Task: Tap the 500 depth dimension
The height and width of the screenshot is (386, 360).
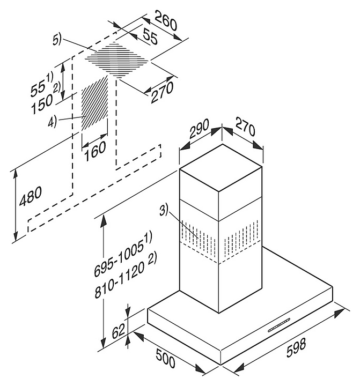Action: click(165, 359)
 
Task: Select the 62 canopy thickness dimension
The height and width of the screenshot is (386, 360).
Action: click(118, 331)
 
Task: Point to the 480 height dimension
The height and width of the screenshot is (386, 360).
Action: click(30, 196)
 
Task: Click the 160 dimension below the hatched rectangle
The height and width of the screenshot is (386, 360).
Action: click(95, 151)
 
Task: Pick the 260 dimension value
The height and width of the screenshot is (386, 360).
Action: click(166, 21)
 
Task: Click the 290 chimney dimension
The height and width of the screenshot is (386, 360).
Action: click(199, 128)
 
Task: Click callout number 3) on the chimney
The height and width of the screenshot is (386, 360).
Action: click(163, 210)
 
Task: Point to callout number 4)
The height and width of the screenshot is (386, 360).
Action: click(52, 122)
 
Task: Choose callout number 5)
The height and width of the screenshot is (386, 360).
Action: click(57, 40)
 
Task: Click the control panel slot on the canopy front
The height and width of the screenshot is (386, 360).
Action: click(279, 325)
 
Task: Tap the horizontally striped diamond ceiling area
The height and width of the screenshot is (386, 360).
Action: click(117, 60)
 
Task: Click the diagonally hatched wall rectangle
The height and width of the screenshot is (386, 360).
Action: click(94, 103)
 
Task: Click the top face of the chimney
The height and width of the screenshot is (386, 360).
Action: click(221, 167)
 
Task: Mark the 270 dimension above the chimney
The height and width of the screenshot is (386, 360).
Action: click(245, 127)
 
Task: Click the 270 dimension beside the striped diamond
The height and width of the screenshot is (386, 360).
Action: click(162, 92)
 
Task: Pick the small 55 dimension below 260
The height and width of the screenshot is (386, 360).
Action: click(150, 36)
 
